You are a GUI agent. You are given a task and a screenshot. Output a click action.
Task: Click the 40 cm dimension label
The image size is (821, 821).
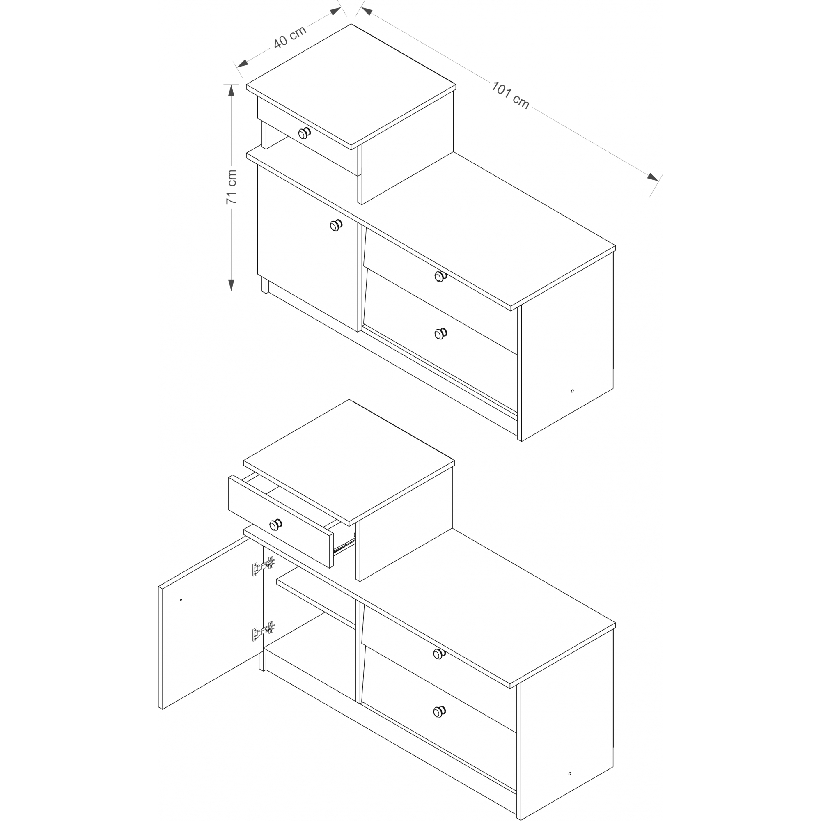pyautogui.click(x=289, y=37)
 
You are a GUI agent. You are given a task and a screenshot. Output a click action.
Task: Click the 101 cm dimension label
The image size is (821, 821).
pyautogui.click(x=510, y=95)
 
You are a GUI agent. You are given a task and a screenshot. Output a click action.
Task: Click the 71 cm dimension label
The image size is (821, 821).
pyautogui.click(x=231, y=187)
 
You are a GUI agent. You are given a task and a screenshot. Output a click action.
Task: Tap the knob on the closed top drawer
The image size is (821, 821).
pyautogui.click(x=304, y=133)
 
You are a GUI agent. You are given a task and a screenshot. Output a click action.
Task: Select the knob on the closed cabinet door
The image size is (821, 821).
pyautogui.click(x=336, y=225)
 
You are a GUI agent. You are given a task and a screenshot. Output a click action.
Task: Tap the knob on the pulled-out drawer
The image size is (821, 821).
pyautogui.click(x=276, y=525)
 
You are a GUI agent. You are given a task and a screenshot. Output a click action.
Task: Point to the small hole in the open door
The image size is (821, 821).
pyautogui.click(x=181, y=600)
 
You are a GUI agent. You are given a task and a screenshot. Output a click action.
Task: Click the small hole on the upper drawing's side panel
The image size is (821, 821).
pyautogui.click(x=572, y=391)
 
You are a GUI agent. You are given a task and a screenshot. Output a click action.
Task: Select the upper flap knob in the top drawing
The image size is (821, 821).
pyautogui.click(x=440, y=277)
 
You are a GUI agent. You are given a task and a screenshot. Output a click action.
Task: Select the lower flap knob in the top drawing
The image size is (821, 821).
pyautogui.click(x=440, y=334)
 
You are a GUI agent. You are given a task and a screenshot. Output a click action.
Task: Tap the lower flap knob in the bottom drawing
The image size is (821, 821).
pyautogui.click(x=439, y=711)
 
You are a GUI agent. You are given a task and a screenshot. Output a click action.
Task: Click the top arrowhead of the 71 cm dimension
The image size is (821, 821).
pyautogui.click(x=231, y=90)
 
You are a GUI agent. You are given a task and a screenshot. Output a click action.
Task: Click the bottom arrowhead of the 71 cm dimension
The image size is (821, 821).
pyautogui.click(x=231, y=285)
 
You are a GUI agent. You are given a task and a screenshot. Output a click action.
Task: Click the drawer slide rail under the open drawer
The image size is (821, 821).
pyautogui.click(x=344, y=545)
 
